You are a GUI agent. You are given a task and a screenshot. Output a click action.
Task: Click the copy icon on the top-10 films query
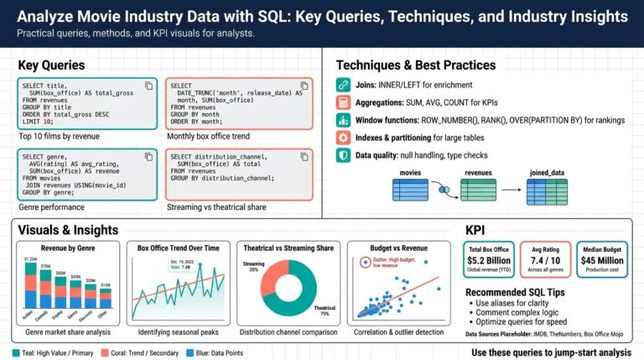click(x=148, y=86)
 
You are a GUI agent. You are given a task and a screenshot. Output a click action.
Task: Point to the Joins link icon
click(x=342, y=85)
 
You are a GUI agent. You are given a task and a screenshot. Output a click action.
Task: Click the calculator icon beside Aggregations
click(x=342, y=102)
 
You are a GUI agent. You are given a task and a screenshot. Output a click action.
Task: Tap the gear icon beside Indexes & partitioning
click(x=342, y=138)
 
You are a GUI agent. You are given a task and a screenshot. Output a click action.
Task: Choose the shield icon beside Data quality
click(x=342, y=155)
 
